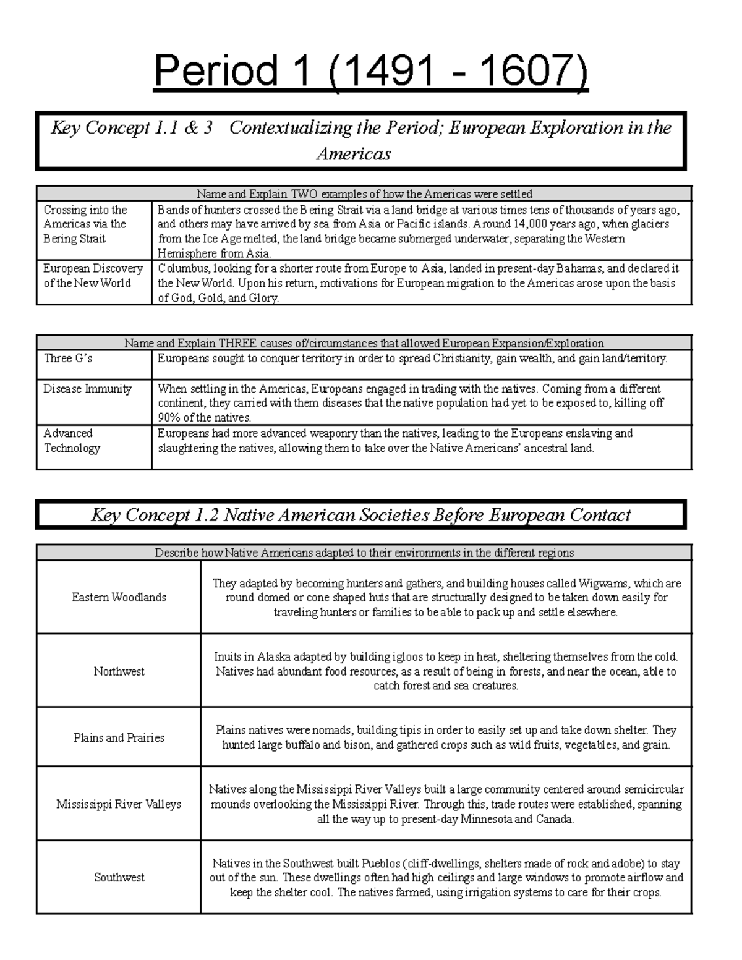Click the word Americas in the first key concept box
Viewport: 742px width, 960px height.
(x=353, y=153)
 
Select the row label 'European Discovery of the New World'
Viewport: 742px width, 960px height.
(x=93, y=276)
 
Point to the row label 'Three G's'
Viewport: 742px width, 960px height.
(x=68, y=358)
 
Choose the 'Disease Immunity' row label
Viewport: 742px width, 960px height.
(x=87, y=389)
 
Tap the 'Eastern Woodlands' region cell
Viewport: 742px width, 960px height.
(x=119, y=597)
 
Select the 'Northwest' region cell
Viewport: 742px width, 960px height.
(x=119, y=671)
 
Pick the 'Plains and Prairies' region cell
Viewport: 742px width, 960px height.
(x=119, y=737)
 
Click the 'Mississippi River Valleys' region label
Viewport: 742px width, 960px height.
(x=119, y=804)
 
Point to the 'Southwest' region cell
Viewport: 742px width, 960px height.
(x=119, y=877)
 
